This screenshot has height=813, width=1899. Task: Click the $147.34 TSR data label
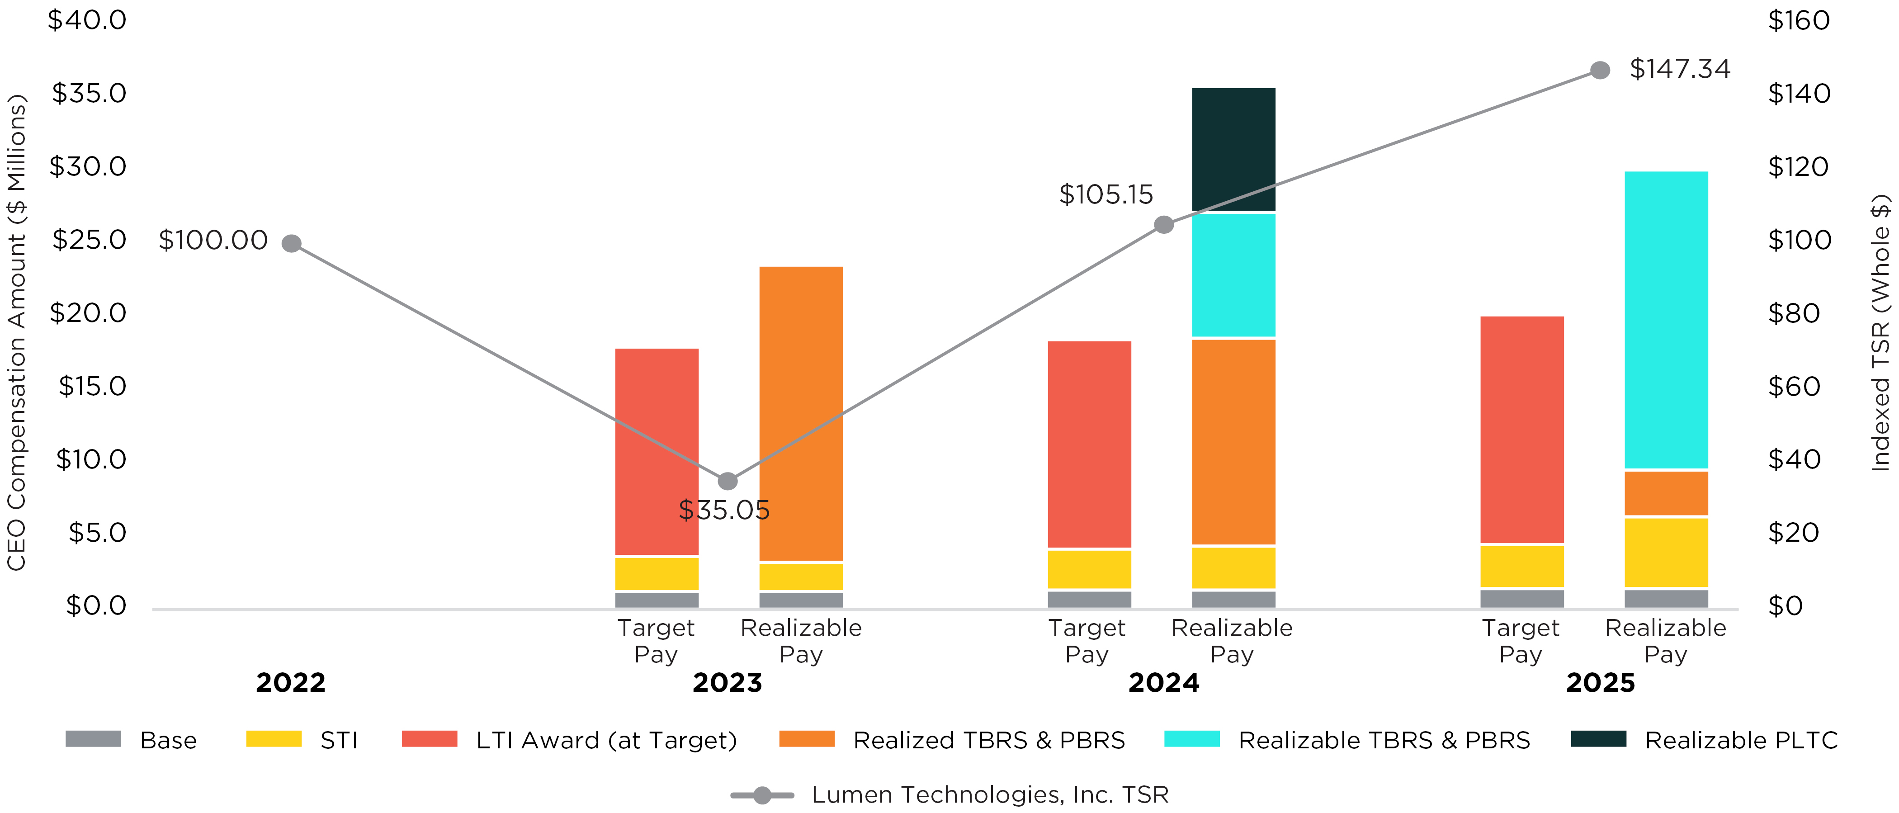tap(1679, 69)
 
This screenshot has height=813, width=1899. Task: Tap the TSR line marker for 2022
tap(292, 243)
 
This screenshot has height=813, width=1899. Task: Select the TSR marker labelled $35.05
tap(727, 481)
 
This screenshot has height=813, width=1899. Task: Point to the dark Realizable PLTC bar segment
tap(1233, 149)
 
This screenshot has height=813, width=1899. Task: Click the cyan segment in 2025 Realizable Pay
tap(1666, 320)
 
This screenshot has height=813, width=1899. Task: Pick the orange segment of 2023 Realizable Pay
tap(801, 413)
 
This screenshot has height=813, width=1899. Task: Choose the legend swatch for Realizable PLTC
tap(1598, 738)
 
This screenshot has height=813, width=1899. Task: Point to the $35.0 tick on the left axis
tap(89, 94)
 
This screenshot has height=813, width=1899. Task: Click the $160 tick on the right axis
tap(1799, 21)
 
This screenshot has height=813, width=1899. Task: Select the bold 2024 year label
tap(1163, 682)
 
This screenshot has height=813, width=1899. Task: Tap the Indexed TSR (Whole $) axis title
tap(1880, 332)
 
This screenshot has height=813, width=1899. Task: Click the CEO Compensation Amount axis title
tap(16, 332)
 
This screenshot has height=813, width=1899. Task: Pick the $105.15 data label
tap(1106, 194)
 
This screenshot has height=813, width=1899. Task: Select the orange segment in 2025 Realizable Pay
tap(1666, 493)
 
